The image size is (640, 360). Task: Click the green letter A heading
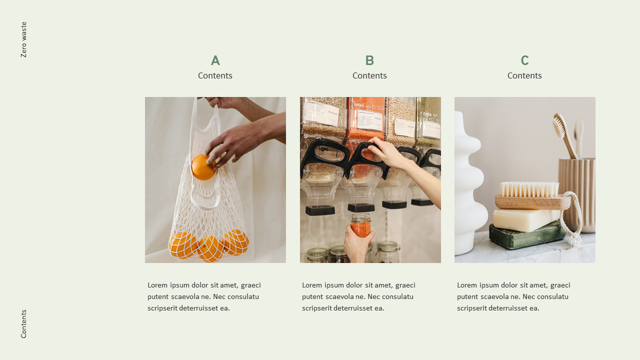[215, 60]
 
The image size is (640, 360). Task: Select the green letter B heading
[369, 60]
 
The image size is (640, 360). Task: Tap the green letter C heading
[524, 60]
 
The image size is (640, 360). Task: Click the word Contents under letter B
[369, 75]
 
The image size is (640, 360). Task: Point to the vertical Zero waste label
[23, 39]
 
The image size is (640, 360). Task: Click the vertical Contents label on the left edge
[23, 324]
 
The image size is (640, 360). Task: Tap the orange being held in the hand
[203, 167]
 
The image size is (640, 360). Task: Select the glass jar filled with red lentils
[360, 225]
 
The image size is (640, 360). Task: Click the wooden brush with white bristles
[531, 196]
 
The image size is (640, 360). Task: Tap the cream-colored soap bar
[525, 219]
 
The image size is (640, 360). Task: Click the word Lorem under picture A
[157, 285]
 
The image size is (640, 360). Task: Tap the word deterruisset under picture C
[510, 308]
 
